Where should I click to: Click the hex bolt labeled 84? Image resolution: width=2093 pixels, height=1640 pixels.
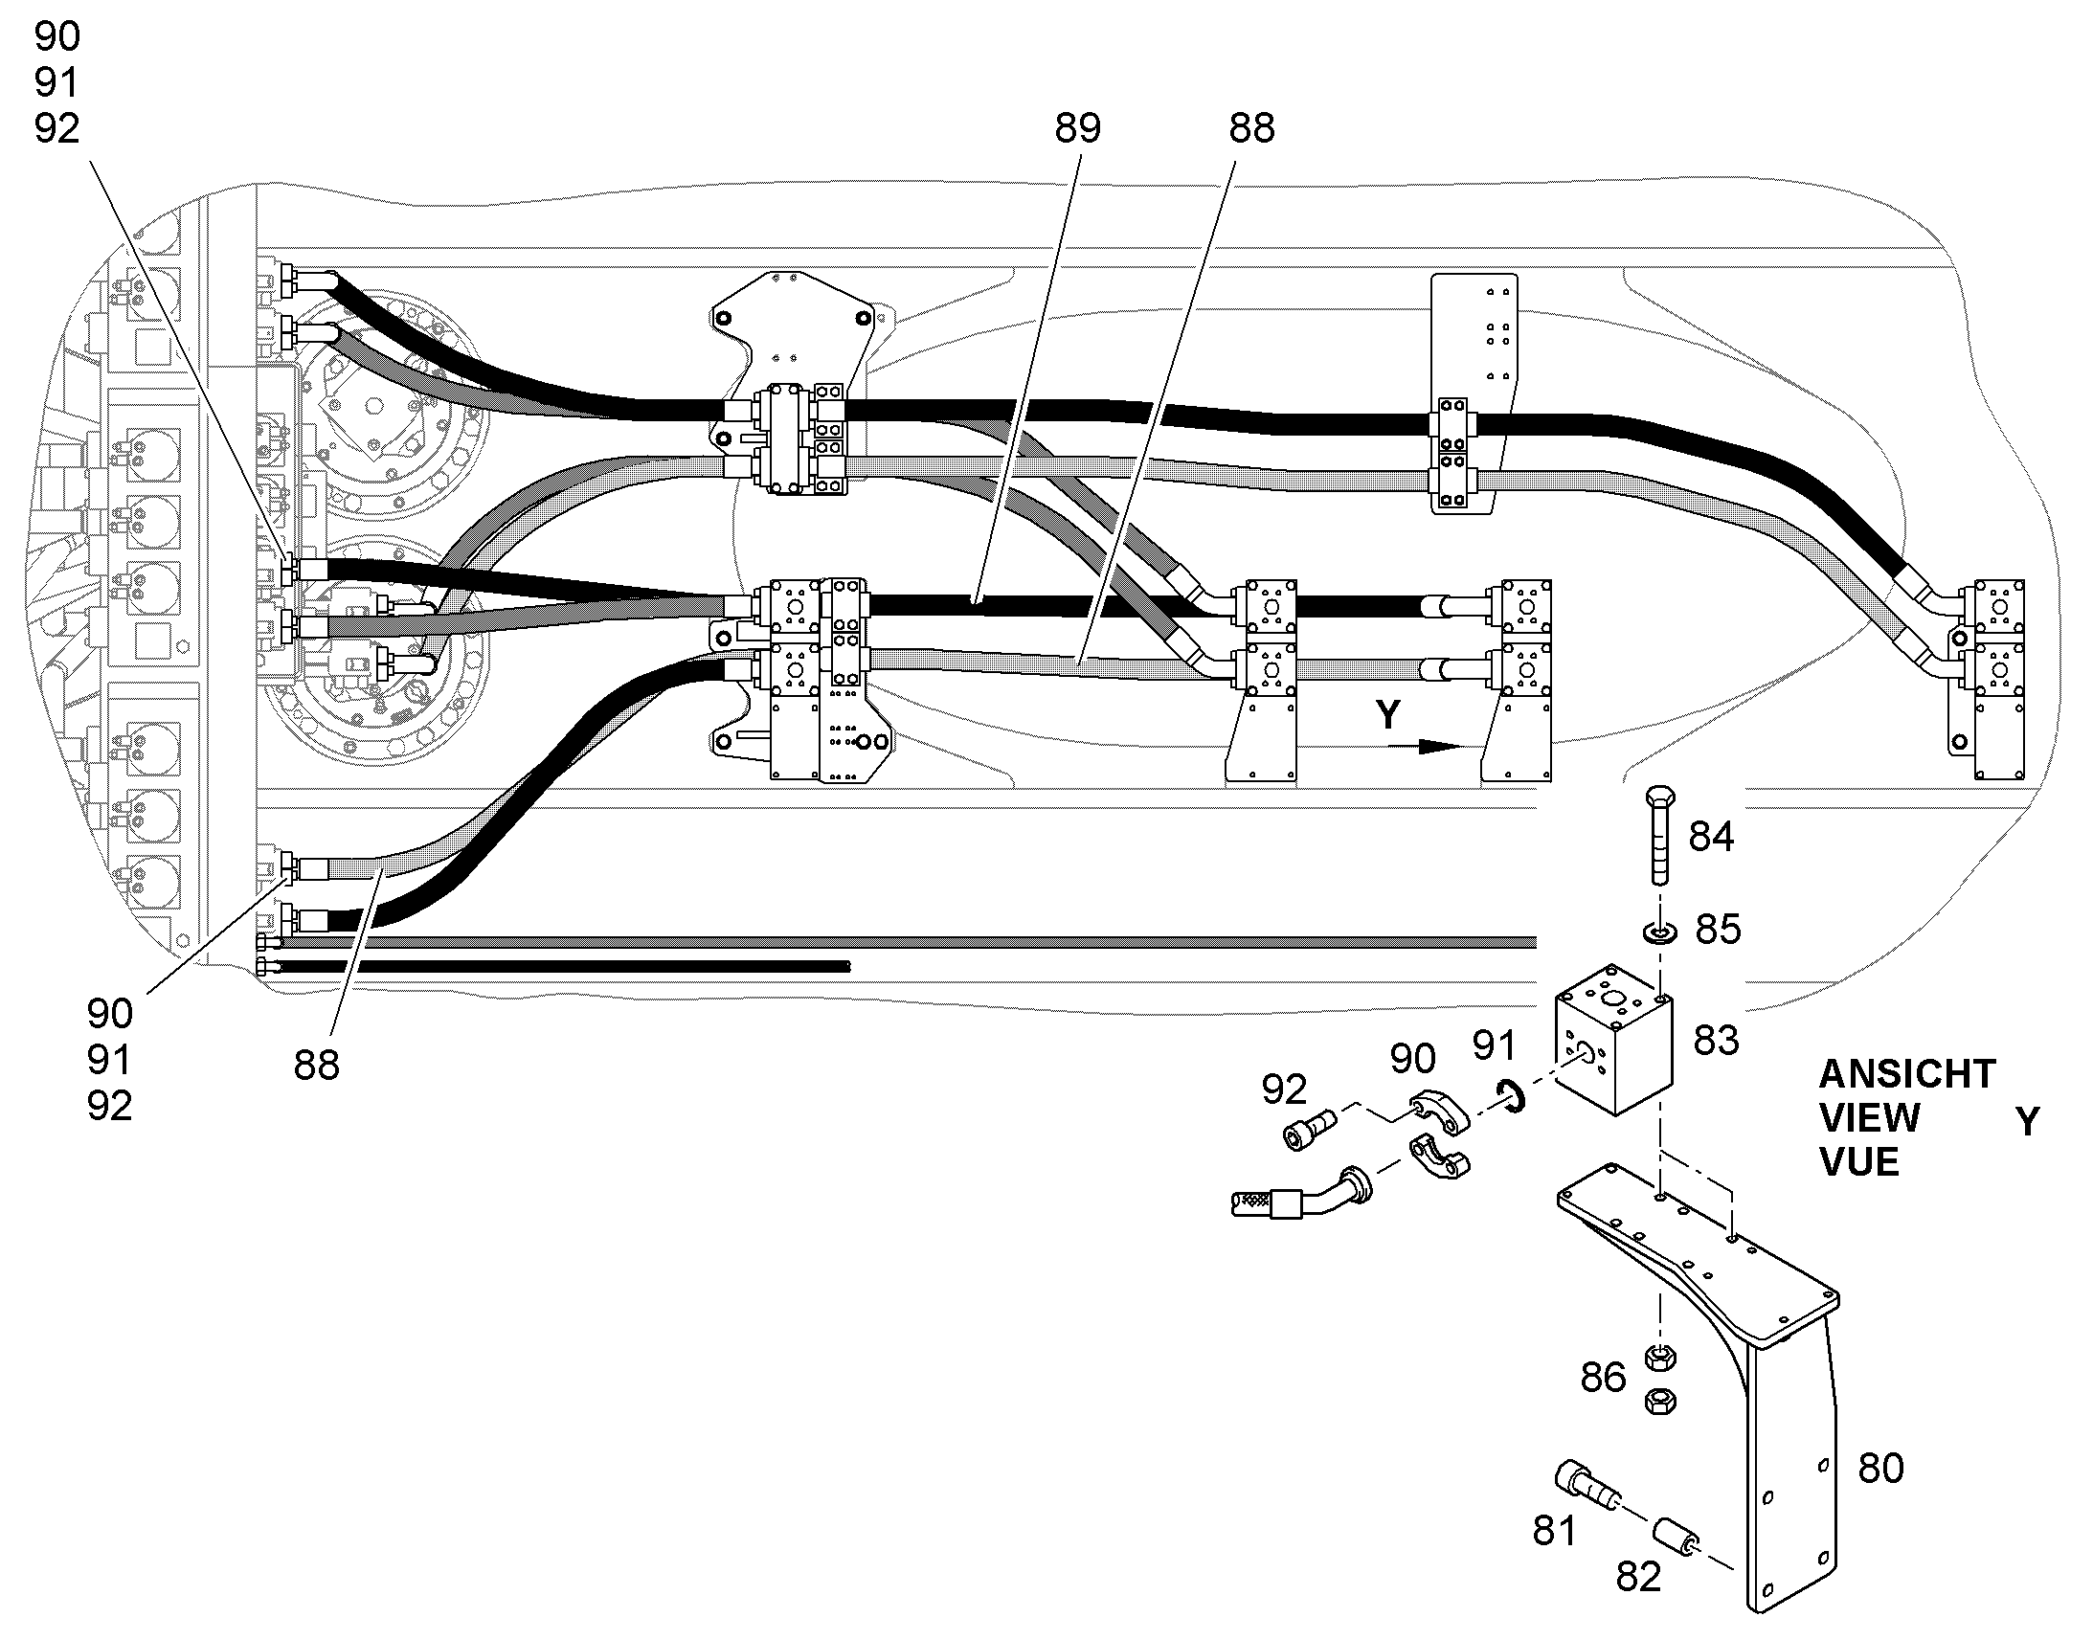click(1661, 835)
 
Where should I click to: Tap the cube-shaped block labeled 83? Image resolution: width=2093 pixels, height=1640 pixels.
click(1613, 1051)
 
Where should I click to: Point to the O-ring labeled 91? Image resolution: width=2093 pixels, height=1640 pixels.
click(1511, 1095)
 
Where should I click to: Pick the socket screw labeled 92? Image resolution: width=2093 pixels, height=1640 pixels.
click(1311, 1128)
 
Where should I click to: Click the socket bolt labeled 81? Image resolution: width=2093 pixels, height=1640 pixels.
click(1587, 1490)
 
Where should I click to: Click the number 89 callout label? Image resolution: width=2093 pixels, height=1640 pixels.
click(1077, 128)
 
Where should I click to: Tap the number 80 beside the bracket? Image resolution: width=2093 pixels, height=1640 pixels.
click(1880, 1468)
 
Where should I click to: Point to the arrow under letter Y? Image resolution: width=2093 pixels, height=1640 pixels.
click(1438, 746)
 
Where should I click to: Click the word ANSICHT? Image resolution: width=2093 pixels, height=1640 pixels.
click(1906, 1073)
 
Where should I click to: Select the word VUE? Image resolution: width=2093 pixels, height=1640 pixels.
click(1858, 1162)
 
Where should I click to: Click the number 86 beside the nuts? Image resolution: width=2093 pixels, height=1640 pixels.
click(1604, 1378)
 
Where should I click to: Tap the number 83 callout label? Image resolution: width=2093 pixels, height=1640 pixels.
click(1716, 1041)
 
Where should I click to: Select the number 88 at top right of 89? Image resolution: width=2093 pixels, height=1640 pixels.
click(1252, 128)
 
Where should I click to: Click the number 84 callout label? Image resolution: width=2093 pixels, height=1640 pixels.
click(1711, 838)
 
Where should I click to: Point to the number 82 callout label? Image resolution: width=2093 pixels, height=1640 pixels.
click(1638, 1577)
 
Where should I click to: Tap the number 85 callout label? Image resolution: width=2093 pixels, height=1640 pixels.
click(1718, 930)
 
